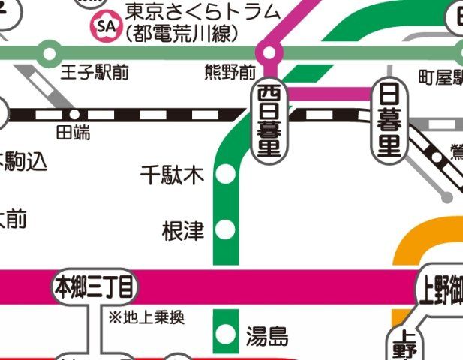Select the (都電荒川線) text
tap(181, 34)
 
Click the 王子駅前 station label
tap(91, 73)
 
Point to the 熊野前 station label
tap(230, 73)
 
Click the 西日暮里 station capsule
tap(269, 121)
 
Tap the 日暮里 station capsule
tap(389, 121)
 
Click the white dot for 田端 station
tap(74, 115)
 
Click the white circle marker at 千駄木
tap(224, 176)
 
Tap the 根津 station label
tap(183, 231)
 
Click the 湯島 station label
tap(266, 335)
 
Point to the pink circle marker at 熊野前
tap(269, 52)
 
